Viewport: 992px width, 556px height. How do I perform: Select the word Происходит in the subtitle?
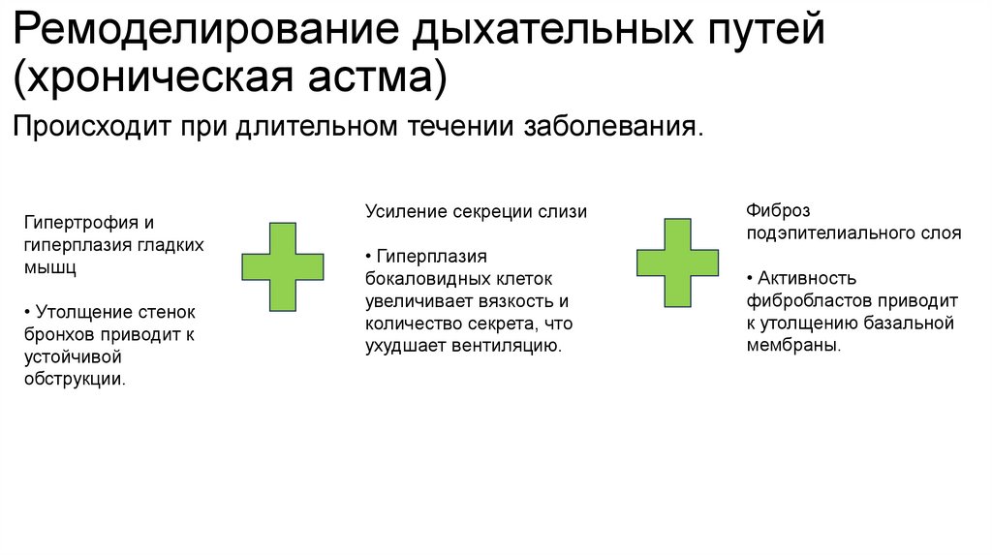[x=90, y=127]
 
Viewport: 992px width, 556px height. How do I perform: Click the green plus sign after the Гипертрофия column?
[x=283, y=266]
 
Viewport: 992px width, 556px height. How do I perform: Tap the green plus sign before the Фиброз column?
[x=677, y=263]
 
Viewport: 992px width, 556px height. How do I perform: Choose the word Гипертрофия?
[x=77, y=223]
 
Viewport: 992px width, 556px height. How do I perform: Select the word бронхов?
[x=60, y=334]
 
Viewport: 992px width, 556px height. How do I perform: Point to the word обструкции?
[x=75, y=379]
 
